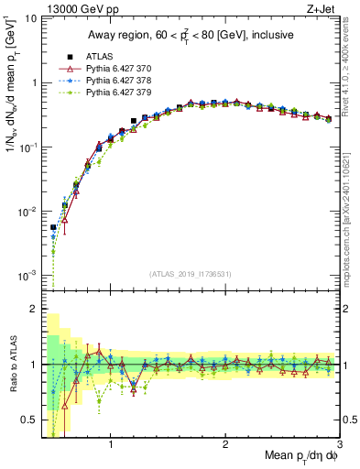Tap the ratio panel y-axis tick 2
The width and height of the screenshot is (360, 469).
point(32,309)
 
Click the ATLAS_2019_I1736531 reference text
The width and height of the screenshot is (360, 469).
point(191,274)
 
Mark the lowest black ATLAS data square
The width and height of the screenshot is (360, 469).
point(53,227)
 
